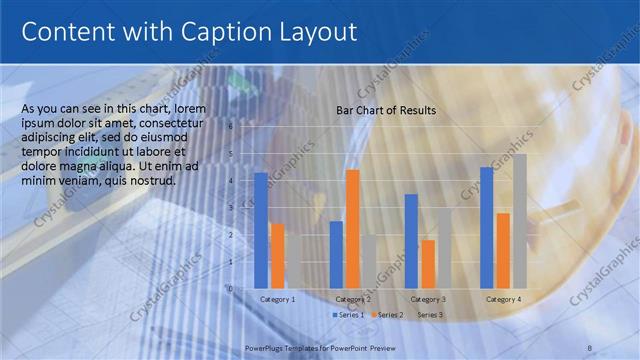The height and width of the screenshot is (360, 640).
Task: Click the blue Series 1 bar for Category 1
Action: (x=261, y=230)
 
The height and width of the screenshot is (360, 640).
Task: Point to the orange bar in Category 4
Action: (x=503, y=250)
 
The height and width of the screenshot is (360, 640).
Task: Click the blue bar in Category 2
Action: (x=336, y=254)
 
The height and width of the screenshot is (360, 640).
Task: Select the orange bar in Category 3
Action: (x=428, y=263)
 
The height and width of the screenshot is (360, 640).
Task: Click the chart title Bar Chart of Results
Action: (x=385, y=110)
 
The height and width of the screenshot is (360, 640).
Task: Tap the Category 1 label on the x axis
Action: (x=277, y=299)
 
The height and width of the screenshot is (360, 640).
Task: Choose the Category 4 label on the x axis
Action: (x=503, y=299)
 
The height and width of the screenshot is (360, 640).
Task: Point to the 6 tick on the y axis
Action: (x=230, y=127)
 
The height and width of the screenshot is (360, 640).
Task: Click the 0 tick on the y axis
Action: (x=230, y=288)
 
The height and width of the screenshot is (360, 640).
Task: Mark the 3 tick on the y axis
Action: (x=230, y=208)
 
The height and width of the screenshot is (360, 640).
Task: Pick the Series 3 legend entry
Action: (x=429, y=315)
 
